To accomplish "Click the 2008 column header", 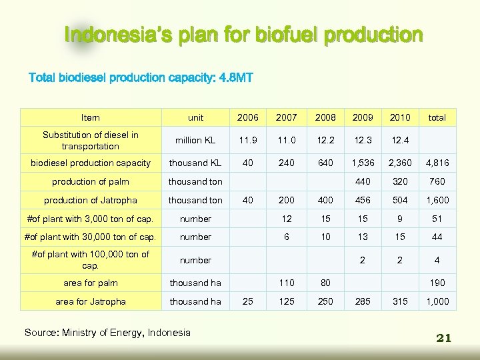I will tap(325, 117).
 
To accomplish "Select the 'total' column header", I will tap(437, 117).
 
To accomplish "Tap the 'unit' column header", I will tap(195, 117).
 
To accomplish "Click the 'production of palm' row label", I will tap(91, 181).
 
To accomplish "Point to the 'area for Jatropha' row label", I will tap(91, 301).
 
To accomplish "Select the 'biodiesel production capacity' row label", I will tap(91, 163).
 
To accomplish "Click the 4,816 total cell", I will tap(437, 163).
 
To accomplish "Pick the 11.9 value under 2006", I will tap(248, 141).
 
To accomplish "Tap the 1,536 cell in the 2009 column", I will tap(362, 163).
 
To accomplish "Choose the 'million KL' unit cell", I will tap(195, 141).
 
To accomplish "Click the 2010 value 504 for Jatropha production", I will tap(399, 200).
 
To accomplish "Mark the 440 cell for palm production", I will tap(362, 181).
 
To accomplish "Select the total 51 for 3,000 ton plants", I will tap(437, 219).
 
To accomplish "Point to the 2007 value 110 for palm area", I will tap(287, 283).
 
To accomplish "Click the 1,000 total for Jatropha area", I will tap(437, 301).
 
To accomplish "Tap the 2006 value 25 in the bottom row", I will tap(248, 301).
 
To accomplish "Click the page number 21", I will tap(444, 338).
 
